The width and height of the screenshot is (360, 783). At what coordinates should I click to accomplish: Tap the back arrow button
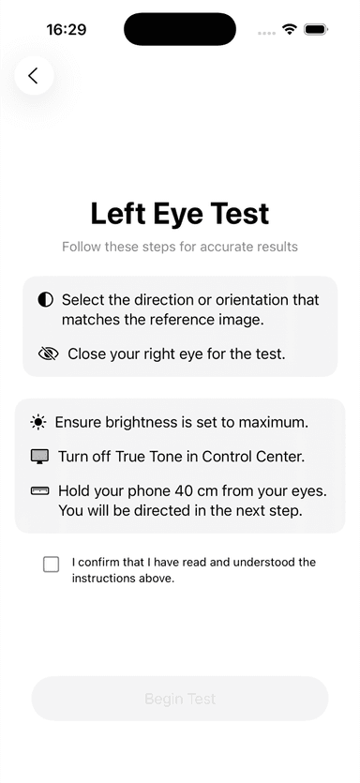34,75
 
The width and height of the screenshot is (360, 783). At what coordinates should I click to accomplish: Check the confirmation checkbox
51,565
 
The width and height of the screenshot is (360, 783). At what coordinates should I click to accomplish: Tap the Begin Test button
180,698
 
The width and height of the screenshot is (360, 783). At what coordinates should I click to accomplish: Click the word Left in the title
117,214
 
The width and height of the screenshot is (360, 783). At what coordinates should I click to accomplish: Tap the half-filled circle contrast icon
45,300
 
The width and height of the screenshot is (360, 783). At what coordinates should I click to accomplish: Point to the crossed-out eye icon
49,354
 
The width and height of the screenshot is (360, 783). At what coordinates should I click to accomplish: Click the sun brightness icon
38,423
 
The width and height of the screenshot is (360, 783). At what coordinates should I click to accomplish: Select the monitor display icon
40,457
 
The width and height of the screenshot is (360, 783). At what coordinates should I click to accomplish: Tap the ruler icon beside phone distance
40,491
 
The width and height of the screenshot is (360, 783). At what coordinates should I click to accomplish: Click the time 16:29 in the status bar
67,30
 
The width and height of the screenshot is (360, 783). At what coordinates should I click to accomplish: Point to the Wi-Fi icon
290,29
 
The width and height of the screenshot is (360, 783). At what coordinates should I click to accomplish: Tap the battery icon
316,29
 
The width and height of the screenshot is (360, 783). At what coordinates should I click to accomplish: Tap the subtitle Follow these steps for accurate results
180,247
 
